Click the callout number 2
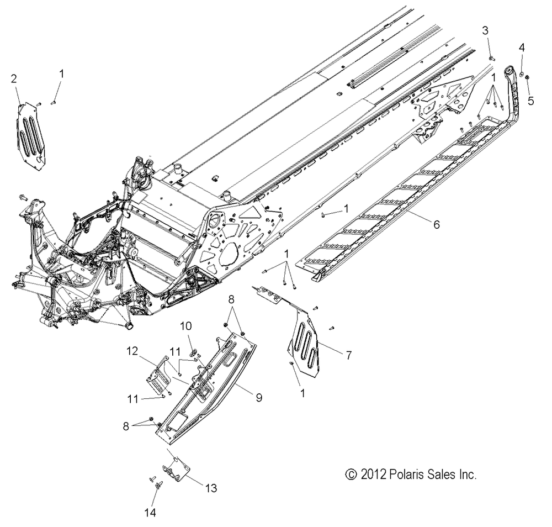[14, 78]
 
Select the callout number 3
[485, 30]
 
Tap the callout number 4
[522, 47]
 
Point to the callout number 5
[530, 101]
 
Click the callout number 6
[437, 224]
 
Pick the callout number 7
[348, 355]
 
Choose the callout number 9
[259, 398]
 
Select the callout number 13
[211, 488]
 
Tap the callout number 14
[150, 512]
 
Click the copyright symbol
[351, 475]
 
